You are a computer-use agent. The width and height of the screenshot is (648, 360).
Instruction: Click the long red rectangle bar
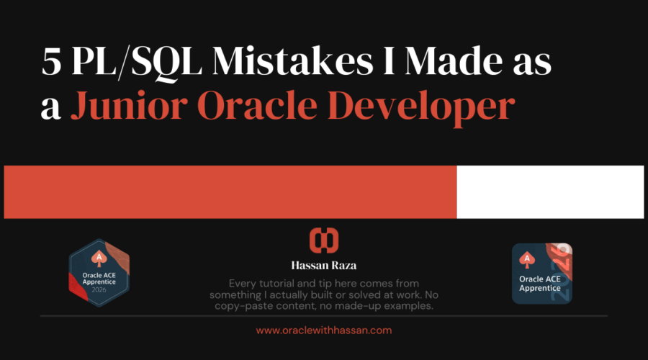pyautogui.click(x=230, y=192)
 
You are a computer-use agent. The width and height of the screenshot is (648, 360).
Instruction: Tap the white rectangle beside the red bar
pyautogui.click(x=550, y=192)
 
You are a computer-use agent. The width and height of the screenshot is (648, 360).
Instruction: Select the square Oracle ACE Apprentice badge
pyautogui.click(x=541, y=273)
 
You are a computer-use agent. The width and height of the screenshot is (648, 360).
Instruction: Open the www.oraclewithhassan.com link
pyautogui.click(x=323, y=330)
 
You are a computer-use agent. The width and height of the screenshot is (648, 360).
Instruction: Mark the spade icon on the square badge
pyautogui.click(x=528, y=258)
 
